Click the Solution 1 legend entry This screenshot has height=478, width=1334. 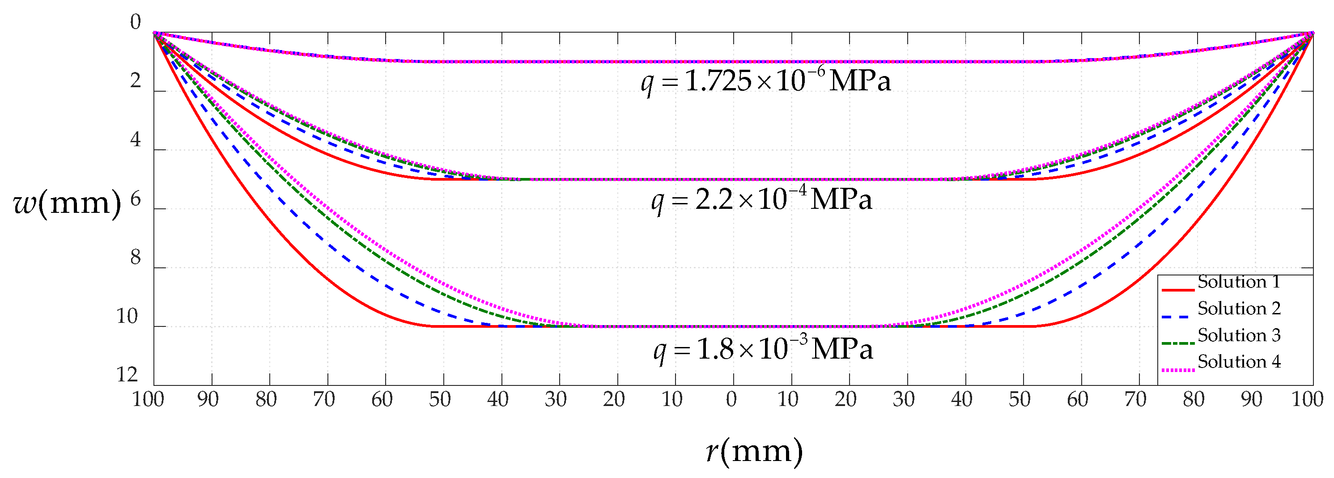pos(1239,282)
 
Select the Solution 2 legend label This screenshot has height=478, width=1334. pos(1239,309)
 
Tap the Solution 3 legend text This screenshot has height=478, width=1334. pos(1239,335)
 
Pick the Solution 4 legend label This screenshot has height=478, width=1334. pos(1239,361)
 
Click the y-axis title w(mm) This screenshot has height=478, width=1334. pos(67,203)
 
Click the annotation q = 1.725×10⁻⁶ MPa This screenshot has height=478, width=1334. pos(766,81)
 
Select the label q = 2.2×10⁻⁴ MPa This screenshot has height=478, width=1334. pos(761,200)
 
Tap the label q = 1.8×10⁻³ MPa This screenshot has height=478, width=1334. pos(763,350)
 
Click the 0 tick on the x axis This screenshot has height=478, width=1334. pos(731,399)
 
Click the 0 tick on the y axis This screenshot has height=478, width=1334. pos(135,23)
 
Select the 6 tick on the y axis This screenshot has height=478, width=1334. pos(135,199)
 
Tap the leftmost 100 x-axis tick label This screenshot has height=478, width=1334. pos(148,399)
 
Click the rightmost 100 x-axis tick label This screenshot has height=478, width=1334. pos(1308,399)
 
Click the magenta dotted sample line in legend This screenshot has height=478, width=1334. pos(1177,370)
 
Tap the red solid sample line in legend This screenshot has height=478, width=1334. pos(1177,290)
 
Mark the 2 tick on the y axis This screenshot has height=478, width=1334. pos(135,81)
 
